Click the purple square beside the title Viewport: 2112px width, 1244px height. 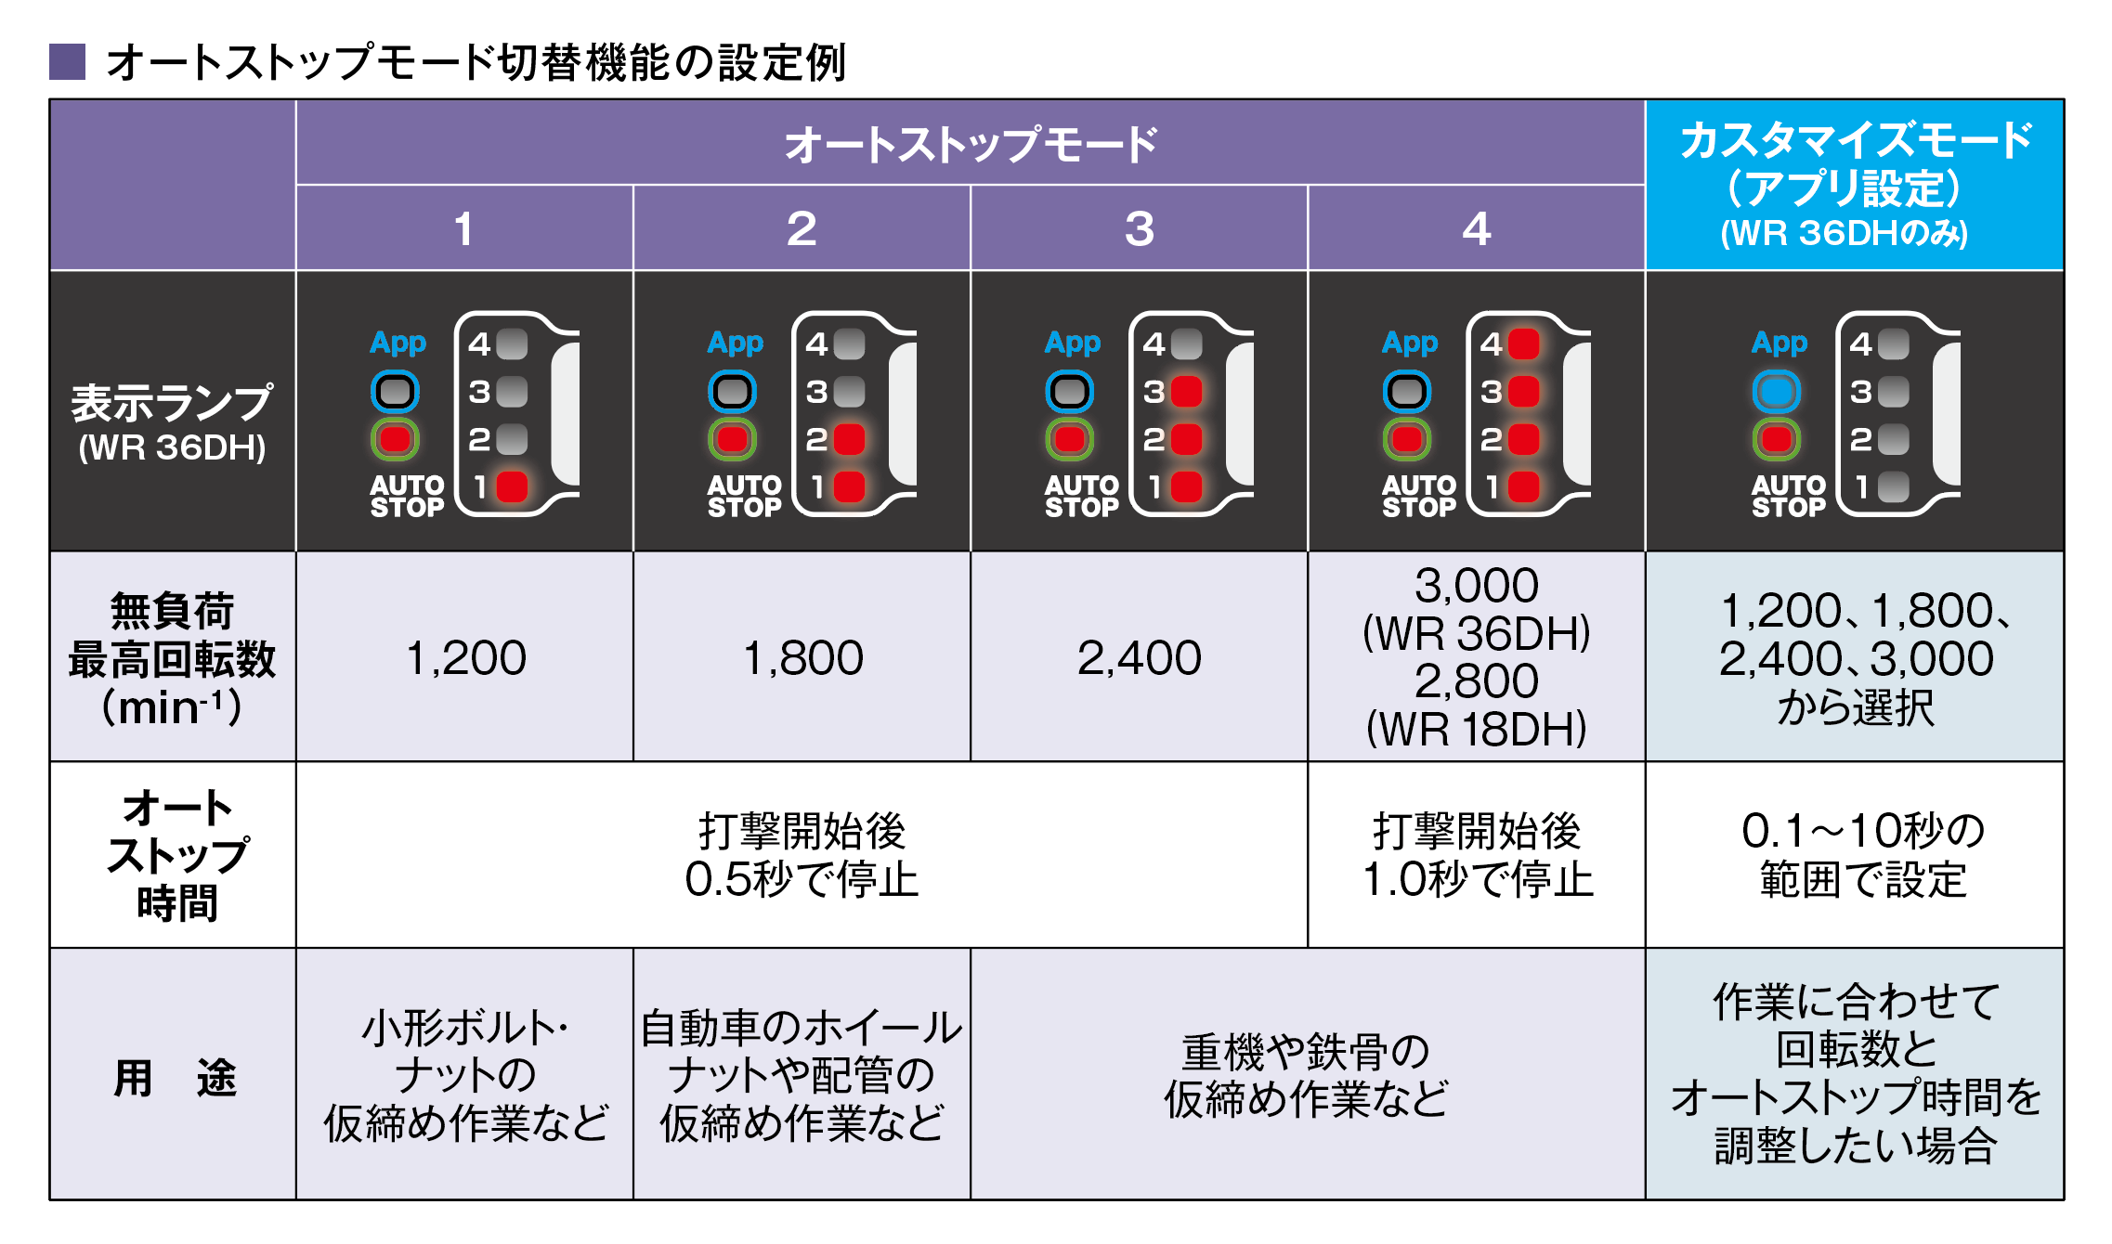point(67,62)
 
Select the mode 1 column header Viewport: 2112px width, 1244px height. point(463,228)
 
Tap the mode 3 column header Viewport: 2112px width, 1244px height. point(1139,228)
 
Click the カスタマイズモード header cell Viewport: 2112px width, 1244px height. point(1854,185)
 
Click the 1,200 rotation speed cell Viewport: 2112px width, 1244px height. point(465,657)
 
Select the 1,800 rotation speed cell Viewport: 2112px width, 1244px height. point(802,657)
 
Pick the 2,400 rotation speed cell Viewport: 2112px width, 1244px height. point(1139,657)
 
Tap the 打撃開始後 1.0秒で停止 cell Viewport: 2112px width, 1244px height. point(1476,854)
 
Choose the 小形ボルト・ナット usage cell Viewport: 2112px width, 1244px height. point(465,1075)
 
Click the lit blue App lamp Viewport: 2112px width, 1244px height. point(1776,392)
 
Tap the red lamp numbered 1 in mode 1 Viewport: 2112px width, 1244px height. point(512,486)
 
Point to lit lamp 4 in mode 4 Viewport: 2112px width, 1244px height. point(1523,344)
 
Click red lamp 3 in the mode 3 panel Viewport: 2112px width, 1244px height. point(1186,392)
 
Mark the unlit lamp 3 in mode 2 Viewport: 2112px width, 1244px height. point(849,392)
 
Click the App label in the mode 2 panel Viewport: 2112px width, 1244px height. point(735,343)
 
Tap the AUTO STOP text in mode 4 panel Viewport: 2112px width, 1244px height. point(1418,496)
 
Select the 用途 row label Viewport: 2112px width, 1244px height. point(173,1077)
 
